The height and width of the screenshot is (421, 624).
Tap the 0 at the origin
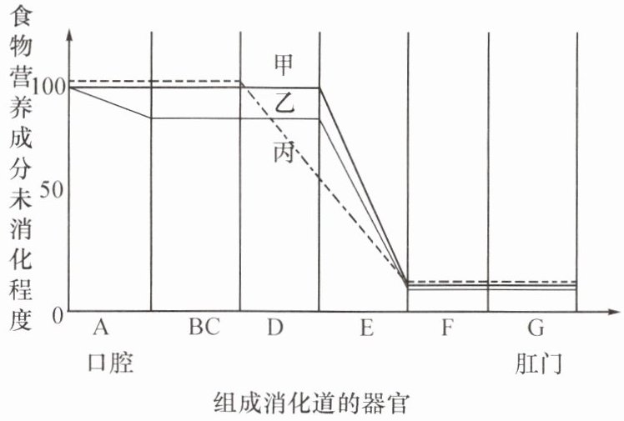point(58,313)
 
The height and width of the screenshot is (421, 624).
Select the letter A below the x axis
point(102,328)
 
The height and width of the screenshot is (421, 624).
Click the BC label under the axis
point(204,328)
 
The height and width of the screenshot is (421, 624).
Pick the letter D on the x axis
point(276,328)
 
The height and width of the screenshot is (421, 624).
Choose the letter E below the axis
point(365,328)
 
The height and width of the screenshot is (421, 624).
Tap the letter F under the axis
point(447,328)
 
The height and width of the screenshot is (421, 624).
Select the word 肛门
point(537,363)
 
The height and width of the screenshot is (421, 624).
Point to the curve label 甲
point(284,63)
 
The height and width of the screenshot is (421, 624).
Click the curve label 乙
point(285,106)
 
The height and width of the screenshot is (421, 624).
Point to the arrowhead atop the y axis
point(69,35)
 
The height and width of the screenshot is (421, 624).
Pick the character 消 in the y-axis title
point(18,227)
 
